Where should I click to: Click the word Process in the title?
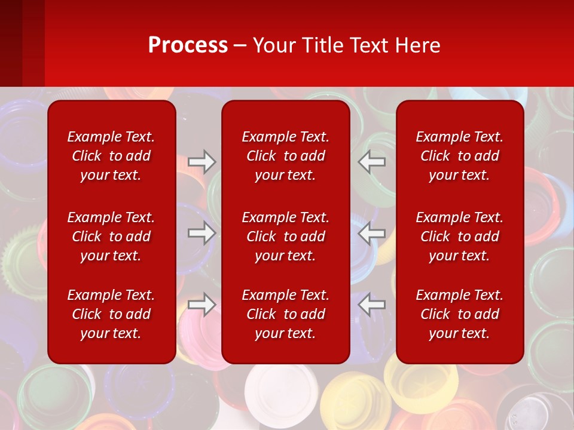pos(188,45)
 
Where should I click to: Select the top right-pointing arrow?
pos(202,161)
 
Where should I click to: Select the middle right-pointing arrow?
pos(202,233)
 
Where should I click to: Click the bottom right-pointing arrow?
pos(202,304)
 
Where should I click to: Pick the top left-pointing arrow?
pos(372,161)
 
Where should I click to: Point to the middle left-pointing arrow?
pos(372,233)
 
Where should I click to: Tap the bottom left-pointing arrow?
pos(372,304)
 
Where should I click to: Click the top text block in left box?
pos(111,156)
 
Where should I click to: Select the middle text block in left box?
pos(111,236)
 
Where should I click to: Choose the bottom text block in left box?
pos(111,314)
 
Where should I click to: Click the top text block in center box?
pos(286,156)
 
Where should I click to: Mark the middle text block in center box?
pos(286,236)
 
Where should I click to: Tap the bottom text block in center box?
pos(286,314)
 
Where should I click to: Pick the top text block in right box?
pos(460,156)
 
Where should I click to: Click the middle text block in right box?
pos(460,236)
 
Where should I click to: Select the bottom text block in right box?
pos(460,314)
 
